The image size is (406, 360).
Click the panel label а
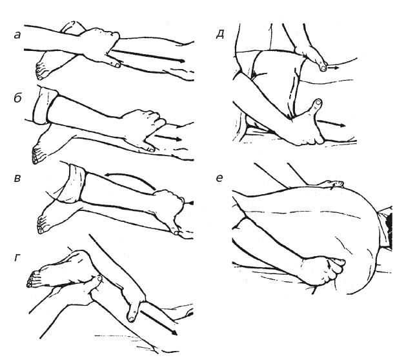(17, 35)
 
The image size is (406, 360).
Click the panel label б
(17, 97)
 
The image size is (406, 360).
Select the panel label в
(17, 178)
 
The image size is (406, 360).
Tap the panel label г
(17, 257)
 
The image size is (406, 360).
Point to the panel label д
(220, 34)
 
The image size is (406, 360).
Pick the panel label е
(219, 178)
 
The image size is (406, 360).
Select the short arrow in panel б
(168, 137)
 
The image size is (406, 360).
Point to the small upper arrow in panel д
(333, 68)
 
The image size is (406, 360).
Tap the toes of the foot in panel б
(36, 156)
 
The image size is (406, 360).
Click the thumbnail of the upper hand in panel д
(323, 68)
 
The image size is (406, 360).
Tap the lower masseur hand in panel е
(323, 271)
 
